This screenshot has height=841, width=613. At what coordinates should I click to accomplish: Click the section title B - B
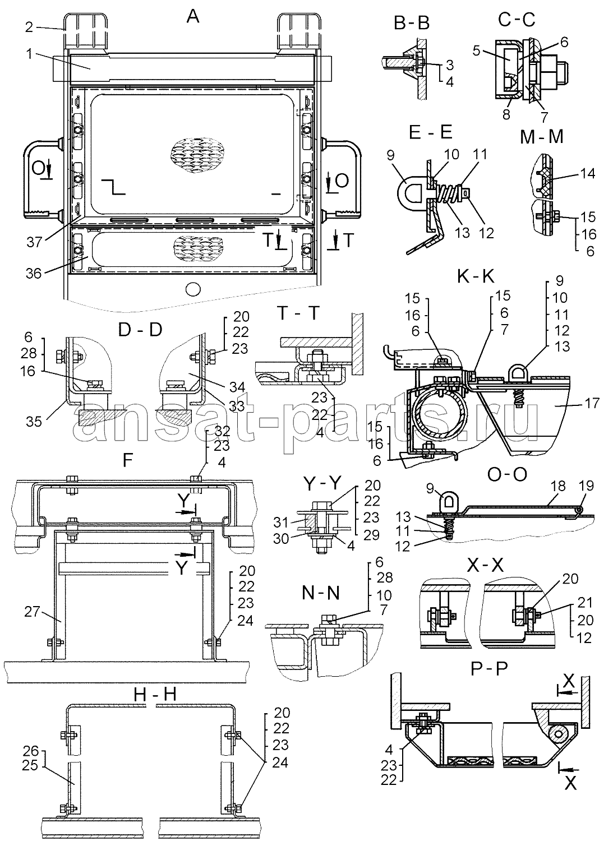click(411, 24)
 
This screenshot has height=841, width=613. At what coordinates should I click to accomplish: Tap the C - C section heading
click(517, 20)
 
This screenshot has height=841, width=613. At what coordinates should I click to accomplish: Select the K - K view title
click(476, 277)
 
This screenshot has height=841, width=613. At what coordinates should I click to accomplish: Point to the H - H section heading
click(155, 695)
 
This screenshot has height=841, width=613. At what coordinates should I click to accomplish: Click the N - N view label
click(320, 593)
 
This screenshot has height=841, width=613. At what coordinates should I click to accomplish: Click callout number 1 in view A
click(29, 54)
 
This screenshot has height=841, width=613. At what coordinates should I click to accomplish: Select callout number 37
click(34, 242)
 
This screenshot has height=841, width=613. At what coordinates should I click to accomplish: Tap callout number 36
click(34, 273)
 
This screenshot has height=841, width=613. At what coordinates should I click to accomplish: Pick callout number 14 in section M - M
click(587, 173)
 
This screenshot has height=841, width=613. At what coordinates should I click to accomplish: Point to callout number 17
click(592, 403)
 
